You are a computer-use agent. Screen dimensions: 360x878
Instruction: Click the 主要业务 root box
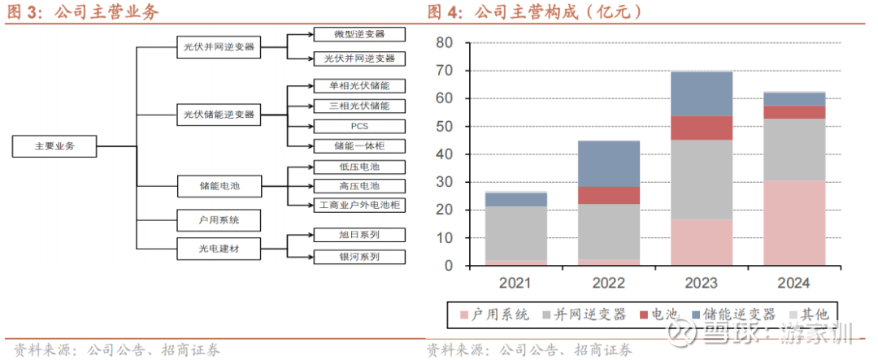pos(54,146)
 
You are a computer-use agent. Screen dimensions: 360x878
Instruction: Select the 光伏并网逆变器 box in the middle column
pos(218,47)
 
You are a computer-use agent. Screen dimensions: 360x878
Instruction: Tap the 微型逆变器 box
pos(359,34)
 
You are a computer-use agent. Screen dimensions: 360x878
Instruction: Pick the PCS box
pos(359,126)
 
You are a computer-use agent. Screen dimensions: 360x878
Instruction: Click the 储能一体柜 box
pos(359,145)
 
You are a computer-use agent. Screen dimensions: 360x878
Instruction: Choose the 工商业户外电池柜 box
pos(359,205)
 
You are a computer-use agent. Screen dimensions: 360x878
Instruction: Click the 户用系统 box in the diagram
pos(218,220)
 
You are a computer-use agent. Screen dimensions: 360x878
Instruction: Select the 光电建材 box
pos(218,245)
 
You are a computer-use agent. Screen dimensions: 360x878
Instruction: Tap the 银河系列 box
pos(359,256)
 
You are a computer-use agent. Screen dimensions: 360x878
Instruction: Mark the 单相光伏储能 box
pos(359,85)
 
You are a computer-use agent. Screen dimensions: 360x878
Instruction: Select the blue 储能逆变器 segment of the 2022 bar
pos(609,163)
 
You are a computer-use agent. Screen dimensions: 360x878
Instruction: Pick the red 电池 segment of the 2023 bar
pos(701,128)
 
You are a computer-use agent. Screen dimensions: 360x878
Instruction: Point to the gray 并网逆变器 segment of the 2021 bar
pos(516,233)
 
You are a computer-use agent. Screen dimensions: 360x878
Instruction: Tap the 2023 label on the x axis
pos(701,284)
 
